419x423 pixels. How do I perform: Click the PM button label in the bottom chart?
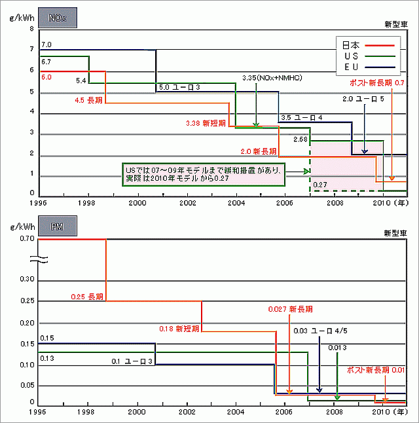58,227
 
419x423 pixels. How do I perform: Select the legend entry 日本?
352,45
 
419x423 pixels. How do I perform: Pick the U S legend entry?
352,56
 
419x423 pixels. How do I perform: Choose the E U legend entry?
352,67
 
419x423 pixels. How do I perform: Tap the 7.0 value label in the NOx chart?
46,45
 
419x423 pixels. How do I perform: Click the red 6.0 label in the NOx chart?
46,77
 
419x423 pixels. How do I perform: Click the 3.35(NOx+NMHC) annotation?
266,77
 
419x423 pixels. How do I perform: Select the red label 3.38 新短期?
206,122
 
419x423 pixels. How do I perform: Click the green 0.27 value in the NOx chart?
319,185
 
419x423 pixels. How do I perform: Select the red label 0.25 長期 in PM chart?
87,297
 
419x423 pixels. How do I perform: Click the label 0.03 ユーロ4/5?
318,331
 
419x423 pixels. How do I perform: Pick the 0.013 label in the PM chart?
337,347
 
